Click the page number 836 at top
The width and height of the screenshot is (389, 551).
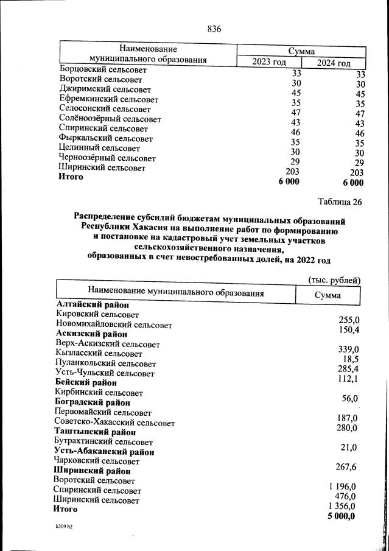[214, 29]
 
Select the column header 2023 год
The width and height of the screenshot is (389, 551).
[268, 62]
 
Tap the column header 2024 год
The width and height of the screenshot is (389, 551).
[334, 63]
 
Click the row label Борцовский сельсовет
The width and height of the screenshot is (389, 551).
[103, 70]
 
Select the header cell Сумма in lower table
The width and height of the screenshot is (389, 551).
[328, 295]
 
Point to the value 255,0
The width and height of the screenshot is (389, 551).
[349, 320]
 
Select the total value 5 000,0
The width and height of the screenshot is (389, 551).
[341, 516]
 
